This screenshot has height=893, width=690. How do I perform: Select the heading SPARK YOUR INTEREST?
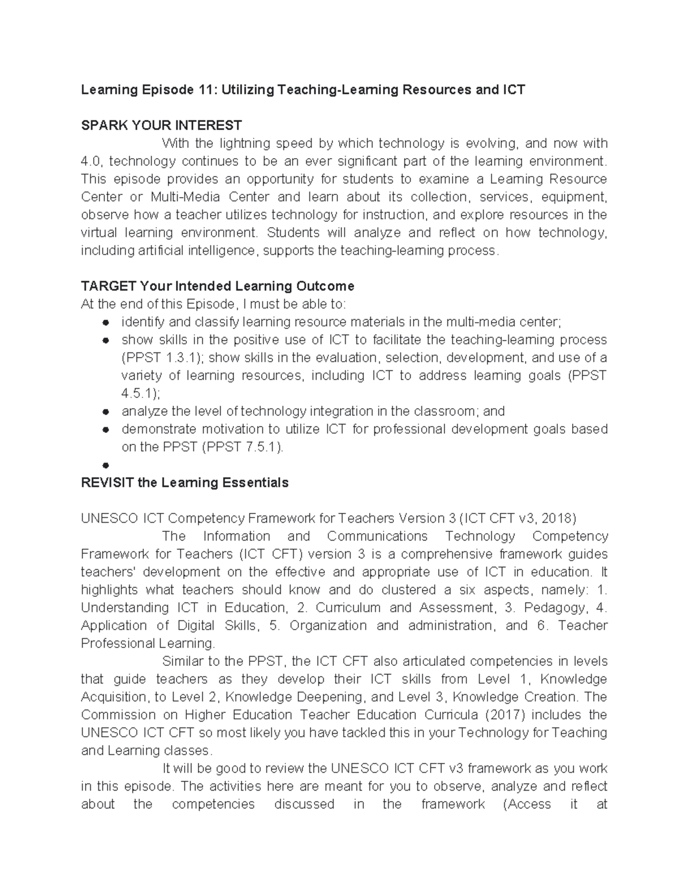coord(161,125)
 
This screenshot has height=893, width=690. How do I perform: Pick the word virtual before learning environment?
coord(98,233)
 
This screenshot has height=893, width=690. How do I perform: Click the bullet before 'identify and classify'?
coord(106,323)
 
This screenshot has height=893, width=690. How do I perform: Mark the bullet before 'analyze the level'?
coord(106,412)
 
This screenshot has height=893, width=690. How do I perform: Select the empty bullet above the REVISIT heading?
coord(106,465)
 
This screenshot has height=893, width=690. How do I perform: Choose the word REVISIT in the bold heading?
coord(108,482)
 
